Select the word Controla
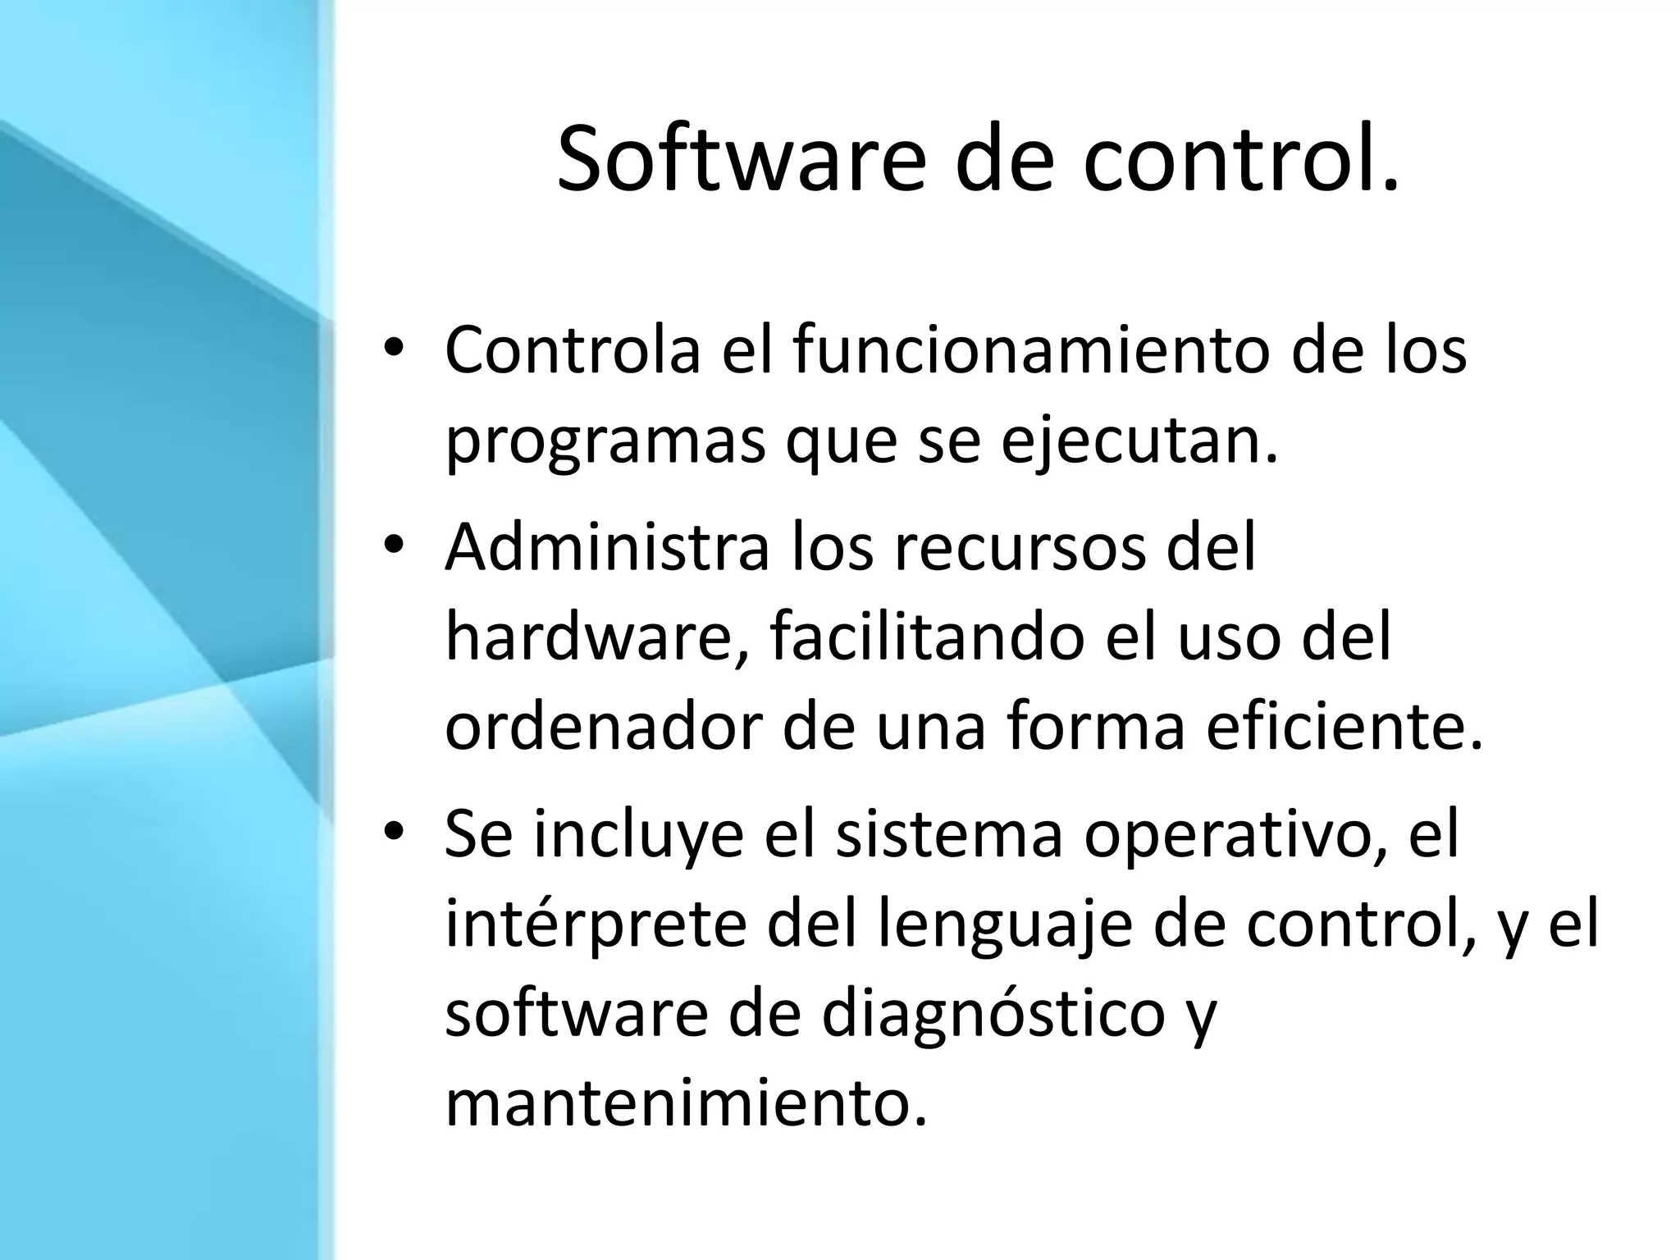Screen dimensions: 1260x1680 (573, 350)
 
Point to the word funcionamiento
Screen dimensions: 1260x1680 (1025, 350)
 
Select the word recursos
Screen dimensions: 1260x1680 (1017, 547)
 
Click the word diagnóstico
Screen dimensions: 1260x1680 (993, 1015)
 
